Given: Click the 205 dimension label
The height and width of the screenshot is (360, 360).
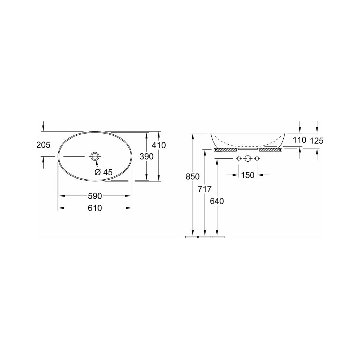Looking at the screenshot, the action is tap(44, 145).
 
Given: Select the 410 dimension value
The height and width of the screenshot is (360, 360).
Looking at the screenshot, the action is tap(159, 145).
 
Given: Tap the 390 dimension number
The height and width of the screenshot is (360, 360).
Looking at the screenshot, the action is tap(147, 157).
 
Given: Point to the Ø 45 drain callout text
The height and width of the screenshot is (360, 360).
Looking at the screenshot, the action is tap(104, 172).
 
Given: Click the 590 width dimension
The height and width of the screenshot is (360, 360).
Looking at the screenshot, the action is tap(95, 196).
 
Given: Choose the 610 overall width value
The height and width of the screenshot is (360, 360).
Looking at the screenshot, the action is tap(95, 208).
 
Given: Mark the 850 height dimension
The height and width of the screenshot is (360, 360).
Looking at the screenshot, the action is tap(193, 176).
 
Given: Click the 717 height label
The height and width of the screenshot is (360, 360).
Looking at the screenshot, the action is tap(204, 189).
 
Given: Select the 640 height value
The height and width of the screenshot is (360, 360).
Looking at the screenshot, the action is tap(217, 201).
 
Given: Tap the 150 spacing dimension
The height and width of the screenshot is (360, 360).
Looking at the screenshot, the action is tap(248, 175).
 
